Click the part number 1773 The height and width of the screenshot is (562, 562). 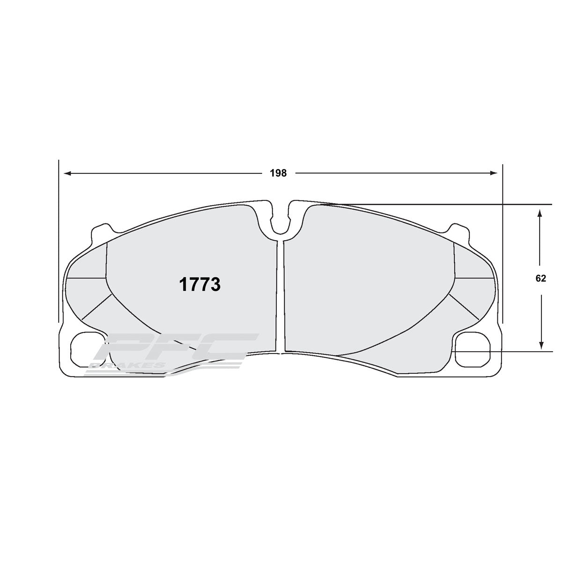[200, 284]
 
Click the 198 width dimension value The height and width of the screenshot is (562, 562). [278, 173]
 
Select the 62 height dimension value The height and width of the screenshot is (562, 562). [540, 278]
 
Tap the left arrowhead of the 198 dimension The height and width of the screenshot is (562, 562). [67, 173]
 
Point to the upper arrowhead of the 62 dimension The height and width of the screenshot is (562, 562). [540, 213]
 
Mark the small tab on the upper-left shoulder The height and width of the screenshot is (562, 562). [101, 232]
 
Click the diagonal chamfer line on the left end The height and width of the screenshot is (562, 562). [97, 307]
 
